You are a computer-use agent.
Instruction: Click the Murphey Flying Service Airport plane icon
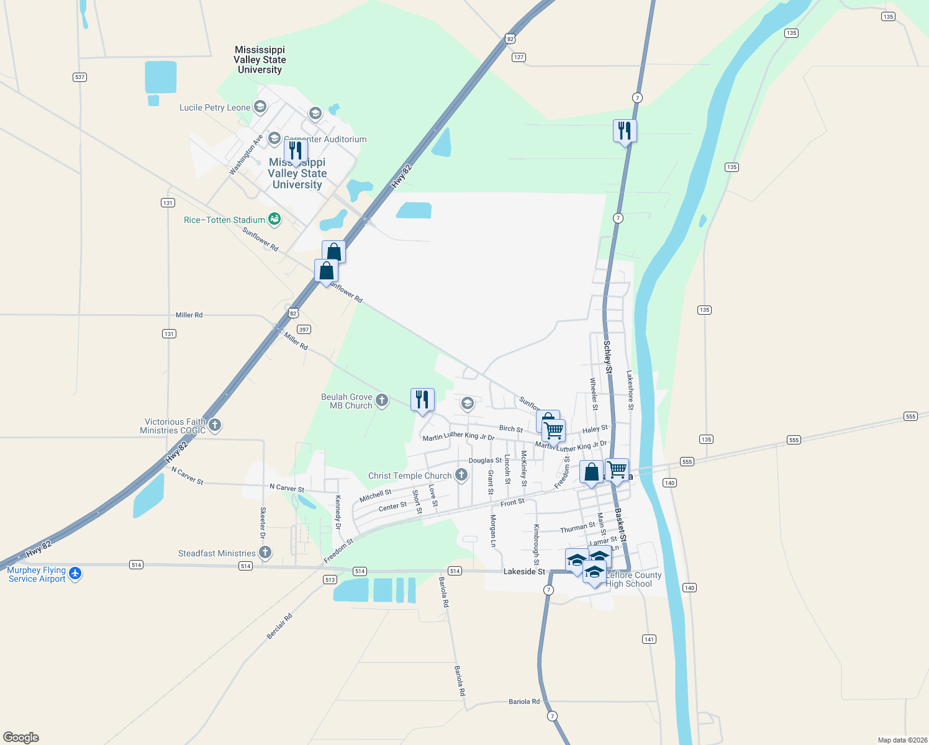pyautogui.click(x=75, y=573)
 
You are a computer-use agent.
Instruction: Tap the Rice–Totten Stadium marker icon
pyautogui.click(x=274, y=219)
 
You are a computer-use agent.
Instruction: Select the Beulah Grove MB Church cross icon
pyautogui.click(x=382, y=400)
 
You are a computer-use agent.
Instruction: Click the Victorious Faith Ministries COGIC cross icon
pyautogui.click(x=215, y=425)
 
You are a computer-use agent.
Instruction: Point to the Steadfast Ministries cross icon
pyautogui.click(x=265, y=553)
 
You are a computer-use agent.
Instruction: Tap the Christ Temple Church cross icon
pyautogui.click(x=461, y=475)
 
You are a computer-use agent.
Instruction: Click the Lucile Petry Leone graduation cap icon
pyautogui.click(x=260, y=107)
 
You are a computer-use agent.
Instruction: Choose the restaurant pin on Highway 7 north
pyautogui.click(x=625, y=131)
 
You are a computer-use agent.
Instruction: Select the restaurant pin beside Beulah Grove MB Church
pyautogui.click(x=422, y=400)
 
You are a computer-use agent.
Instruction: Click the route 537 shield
pyautogui.click(x=79, y=77)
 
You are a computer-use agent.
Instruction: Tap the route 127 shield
pyautogui.click(x=519, y=57)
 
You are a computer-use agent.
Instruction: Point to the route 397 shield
pyautogui.click(x=304, y=330)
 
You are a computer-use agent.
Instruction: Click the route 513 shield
pyautogui.click(x=330, y=580)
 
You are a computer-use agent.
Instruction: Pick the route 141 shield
pyautogui.click(x=649, y=639)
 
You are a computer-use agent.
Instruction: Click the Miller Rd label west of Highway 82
pyautogui.click(x=189, y=315)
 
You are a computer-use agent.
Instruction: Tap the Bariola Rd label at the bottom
pyautogui.click(x=524, y=702)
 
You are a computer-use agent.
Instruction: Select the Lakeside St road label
pyautogui.click(x=524, y=571)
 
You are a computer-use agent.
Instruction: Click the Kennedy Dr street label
pyautogui.click(x=338, y=512)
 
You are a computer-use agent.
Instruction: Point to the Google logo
pyautogui.click(x=21, y=737)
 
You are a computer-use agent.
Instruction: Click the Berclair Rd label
pyautogui.click(x=279, y=626)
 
